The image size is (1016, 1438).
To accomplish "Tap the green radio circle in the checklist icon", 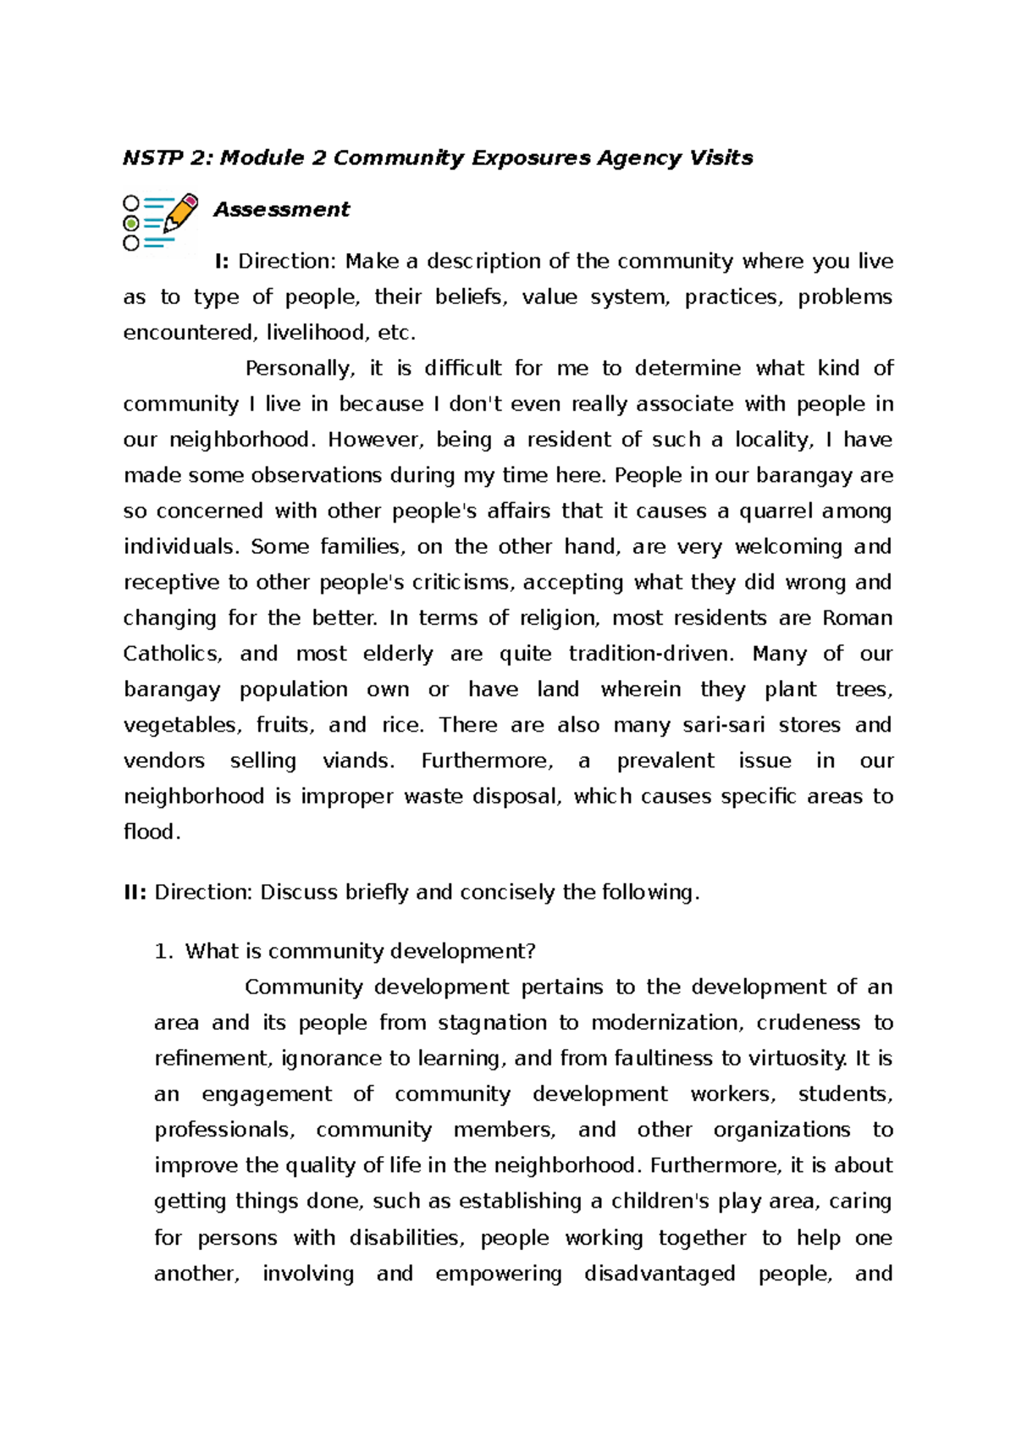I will pyautogui.click(x=131, y=224).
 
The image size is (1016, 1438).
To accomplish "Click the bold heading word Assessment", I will pyautogui.click(x=281, y=209).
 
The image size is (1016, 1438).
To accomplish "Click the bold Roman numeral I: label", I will pyautogui.click(x=222, y=261).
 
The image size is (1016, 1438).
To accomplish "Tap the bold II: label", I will pyautogui.click(x=135, y=892).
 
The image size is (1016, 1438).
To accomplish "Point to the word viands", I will pyautogui.click(x=358, y=760).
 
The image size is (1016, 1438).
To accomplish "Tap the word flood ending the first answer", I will pyautogui.click(x=151, y=832).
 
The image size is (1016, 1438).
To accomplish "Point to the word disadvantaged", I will pyautogui.click(x=660, y=1273).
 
